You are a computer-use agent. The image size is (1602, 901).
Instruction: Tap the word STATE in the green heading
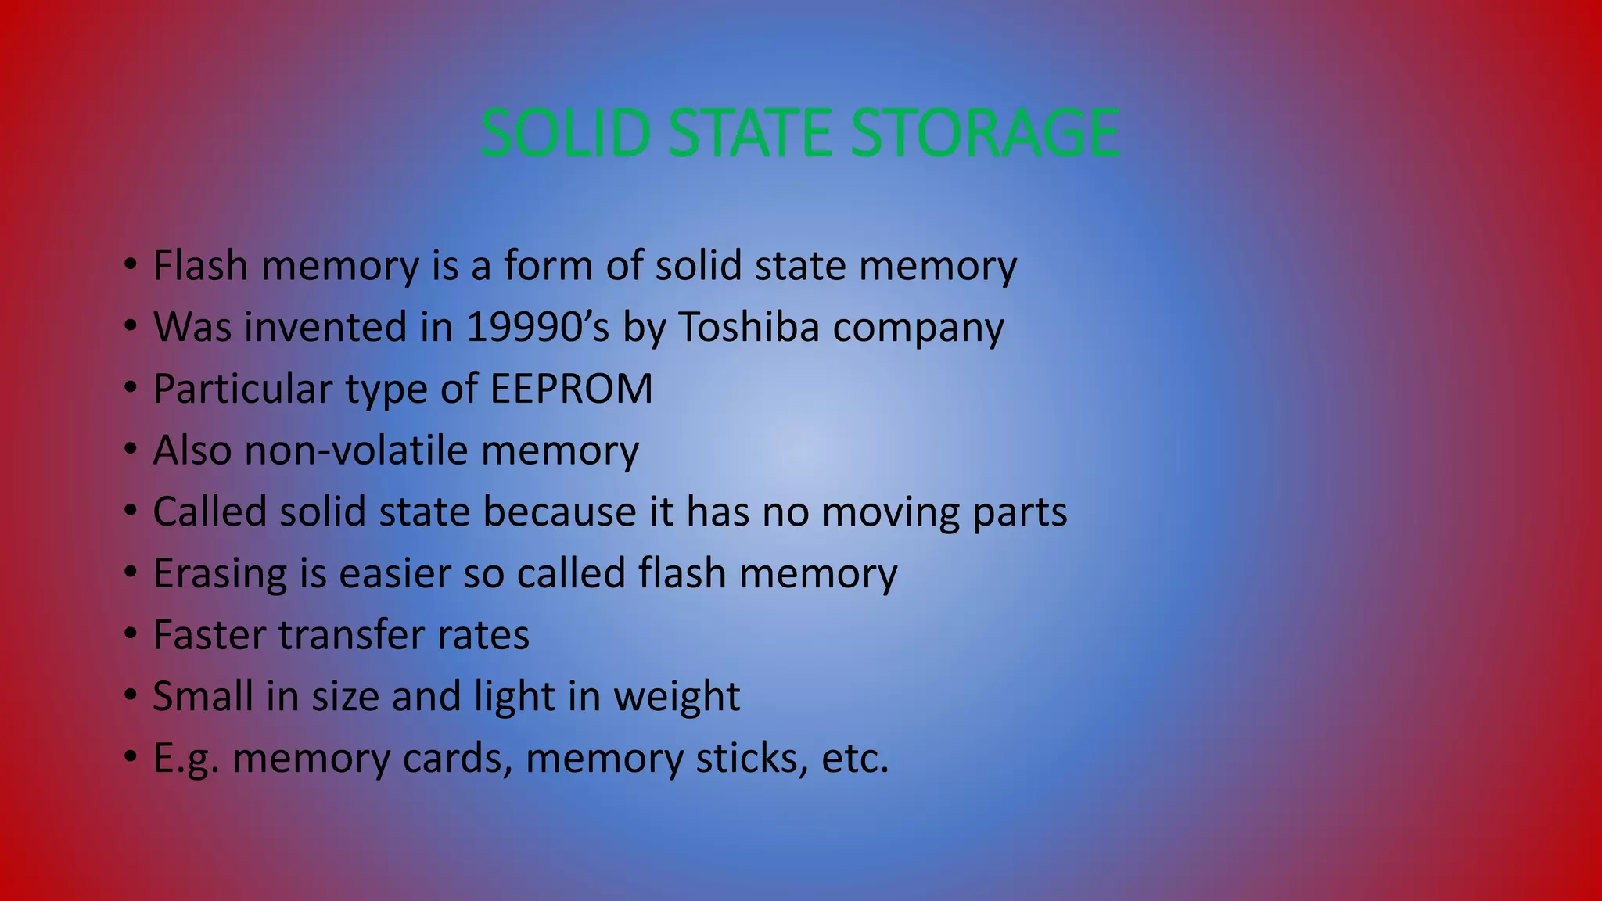click(751, 133)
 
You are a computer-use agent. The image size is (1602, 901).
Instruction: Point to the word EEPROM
click(571, 389)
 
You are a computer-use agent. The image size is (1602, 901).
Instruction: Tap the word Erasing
click(220, 573)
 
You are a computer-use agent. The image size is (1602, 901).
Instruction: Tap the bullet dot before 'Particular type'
click(130, 389)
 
